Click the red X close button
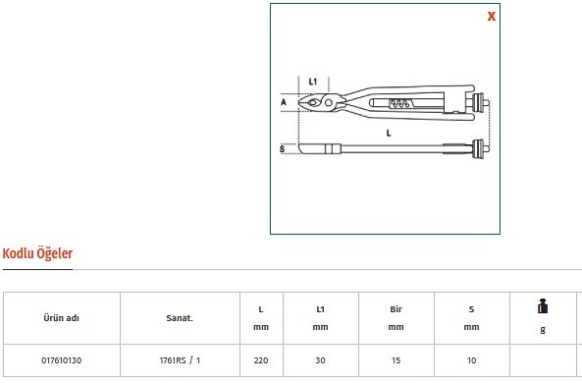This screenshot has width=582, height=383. pyautogui.click(x=491, y=17)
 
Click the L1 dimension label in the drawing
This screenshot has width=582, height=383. pyautogui.click(x=313, y=82)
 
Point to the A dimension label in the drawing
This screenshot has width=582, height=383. pyautogui.click(x=284, y=102)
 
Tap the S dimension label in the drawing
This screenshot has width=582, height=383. pyautogui.click(x=282, y=149)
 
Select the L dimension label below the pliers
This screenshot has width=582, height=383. pyautogui.click(x=389, y=133)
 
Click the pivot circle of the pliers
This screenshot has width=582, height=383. pyautogui.click(x=328, y=102)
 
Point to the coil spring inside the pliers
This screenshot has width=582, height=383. pyautogui.click(x=399, y=104)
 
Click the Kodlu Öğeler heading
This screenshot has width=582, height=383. pyautogui.click(x=37, y=253)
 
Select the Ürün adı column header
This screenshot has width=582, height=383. pyautogui.click(x=61, y=318)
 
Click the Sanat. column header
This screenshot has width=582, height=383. pyautogui.click(x=180, y=318)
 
